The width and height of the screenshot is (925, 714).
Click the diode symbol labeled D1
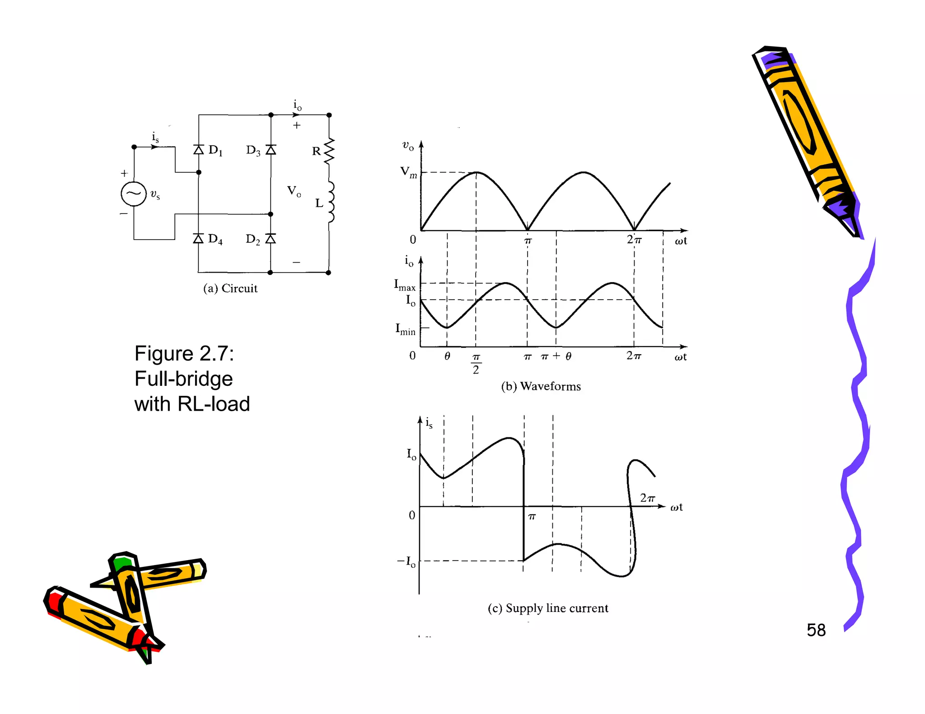(x=199, y=149)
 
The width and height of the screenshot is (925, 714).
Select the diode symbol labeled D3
(x=271, y=149)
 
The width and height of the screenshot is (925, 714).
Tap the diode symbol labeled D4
(x=198, y=238)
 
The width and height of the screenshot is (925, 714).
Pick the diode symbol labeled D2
(x=270, y=238)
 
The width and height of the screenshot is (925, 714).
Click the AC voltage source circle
(x=134, y=194)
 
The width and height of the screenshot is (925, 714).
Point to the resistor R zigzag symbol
(x=329, y=151)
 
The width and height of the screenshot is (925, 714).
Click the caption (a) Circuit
(x=230, y=288)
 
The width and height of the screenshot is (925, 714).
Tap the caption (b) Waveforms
(x=541, y=386)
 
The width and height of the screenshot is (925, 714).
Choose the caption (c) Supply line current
(x=548, y=608)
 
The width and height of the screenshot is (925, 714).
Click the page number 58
(x=816, y=630)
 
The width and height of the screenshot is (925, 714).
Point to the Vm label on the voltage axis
(x=408, y=172)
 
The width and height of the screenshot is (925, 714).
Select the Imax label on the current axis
(x=404, y=285)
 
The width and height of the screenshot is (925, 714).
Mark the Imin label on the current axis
(x=405, y=329)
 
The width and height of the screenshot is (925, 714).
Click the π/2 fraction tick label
(x=476, y=363)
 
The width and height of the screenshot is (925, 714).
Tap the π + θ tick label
(x=556, y=356)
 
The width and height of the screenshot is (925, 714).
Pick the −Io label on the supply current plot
(x=406, y=562)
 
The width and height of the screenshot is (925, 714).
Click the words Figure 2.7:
(x=184, y=353)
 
